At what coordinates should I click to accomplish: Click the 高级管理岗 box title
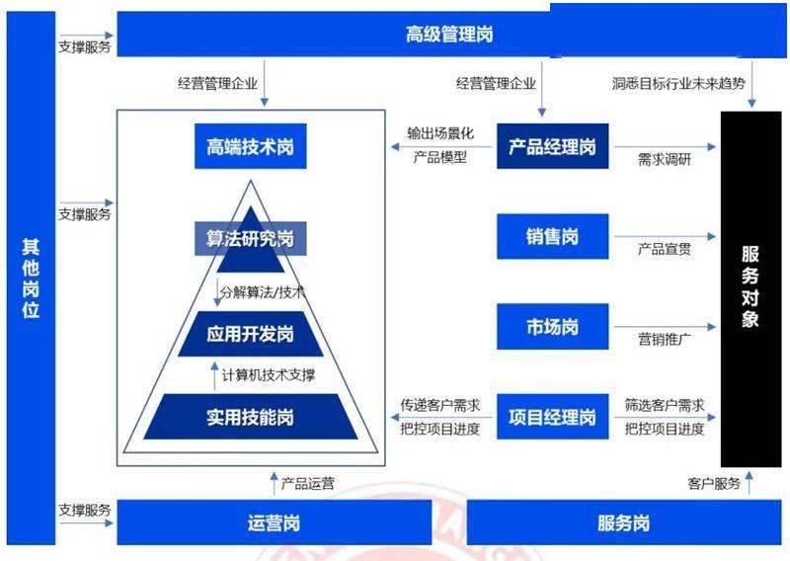click(x=449, y=35)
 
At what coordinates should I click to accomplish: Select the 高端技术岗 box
click(x=251, y=147)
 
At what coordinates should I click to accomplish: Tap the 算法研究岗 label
click(x=251, y=238)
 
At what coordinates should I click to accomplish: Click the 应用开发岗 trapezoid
click(x=251, y=334)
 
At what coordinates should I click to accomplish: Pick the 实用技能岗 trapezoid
click(x=251, y=417)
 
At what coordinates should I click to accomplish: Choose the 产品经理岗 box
click(x=553, y=146)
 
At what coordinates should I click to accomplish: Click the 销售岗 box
click(x=553, y=236)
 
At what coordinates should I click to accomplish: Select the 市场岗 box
click(x=553, y=327)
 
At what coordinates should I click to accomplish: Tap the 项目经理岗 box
click(x=553, y=417)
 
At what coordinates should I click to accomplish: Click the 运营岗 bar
click(x=275, y=522)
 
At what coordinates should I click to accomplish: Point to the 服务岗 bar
click(x=624, y=522)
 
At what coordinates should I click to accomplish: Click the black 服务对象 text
click(x=750, y=286)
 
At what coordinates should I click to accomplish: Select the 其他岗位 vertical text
click(x=31, y=279)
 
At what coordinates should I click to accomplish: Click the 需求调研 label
click(x=664, y=160)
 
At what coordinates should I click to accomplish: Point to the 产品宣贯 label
click(x=664, y=249)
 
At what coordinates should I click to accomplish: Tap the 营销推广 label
click(x=664, y=339)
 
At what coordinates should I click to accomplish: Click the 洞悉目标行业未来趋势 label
click(x=678, y=83)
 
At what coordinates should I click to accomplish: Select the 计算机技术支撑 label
click(x=269, y=375)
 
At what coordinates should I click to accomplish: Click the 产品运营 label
click(x=307, y=484)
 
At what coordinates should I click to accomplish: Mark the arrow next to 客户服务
click(x=750, y=483)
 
